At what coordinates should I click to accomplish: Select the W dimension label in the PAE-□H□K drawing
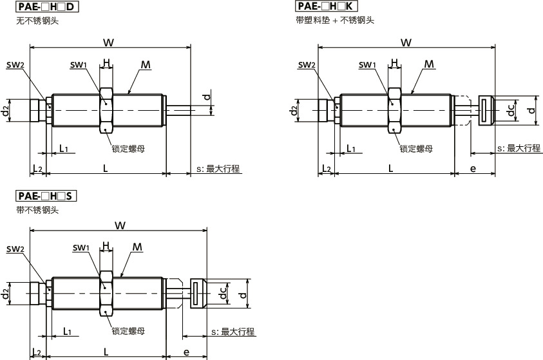[x=406, y=43]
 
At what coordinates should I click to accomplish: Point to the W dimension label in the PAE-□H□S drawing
[x=119, y=226]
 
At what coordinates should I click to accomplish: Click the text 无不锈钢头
[x=38, y=21]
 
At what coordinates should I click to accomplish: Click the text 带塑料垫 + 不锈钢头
[x=332, y=21]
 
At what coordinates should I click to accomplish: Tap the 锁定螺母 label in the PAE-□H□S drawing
[x=128, y=332]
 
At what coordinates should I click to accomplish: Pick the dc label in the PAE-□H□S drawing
[x=221, y=293]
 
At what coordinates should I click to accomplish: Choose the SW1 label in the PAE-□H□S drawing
[x=81, y=248]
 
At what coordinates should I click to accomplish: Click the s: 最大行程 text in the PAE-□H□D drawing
[x=218, y=169]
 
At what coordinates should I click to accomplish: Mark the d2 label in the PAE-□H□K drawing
[x=294, y=110]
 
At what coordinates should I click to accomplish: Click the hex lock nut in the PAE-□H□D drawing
[x=107, y=110]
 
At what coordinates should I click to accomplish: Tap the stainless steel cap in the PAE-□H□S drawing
[x=198, y=294]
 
